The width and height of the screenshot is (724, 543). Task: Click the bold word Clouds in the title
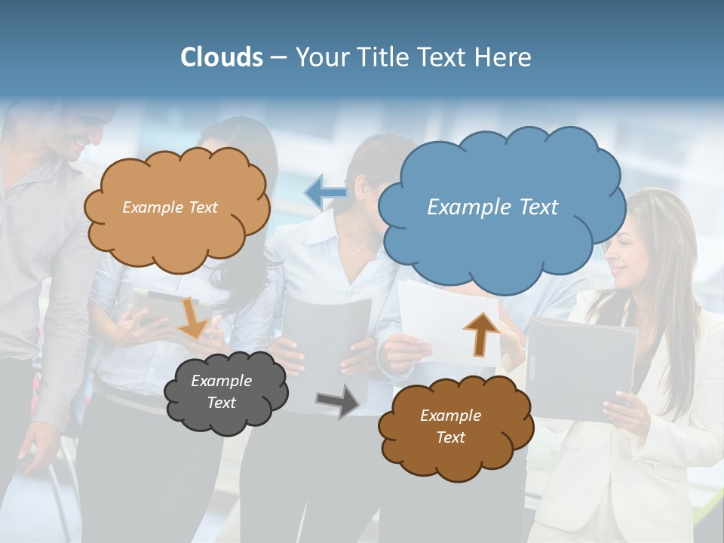point(221,57)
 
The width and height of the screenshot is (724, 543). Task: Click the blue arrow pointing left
point(325,192)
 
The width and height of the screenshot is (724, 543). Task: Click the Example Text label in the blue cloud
point(492,207)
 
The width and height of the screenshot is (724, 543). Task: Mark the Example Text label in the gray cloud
point(221,391)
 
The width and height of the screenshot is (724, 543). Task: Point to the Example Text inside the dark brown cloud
point(450,426)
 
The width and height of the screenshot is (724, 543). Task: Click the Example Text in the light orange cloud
point(170,207)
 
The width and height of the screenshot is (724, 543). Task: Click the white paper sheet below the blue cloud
point(437,317)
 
